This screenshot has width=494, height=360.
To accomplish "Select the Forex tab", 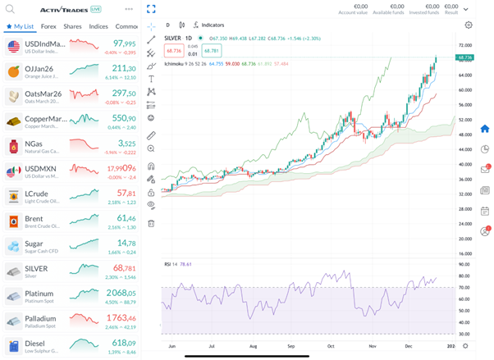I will coord(48,26).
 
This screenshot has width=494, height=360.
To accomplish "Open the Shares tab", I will coord(73,26).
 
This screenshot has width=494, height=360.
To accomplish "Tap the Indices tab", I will coord(98,26).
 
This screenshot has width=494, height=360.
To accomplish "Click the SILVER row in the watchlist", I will coord(71,271).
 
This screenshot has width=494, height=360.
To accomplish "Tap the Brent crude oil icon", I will coord(12,221).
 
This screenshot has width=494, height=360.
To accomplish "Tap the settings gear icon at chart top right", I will coord(469,25).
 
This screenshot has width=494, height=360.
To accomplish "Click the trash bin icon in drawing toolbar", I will coord(151,223).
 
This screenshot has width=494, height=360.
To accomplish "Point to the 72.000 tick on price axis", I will coord(465,46).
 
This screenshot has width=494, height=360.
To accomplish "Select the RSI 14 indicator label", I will coord(171,264).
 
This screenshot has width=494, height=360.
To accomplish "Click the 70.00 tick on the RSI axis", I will coord(464,288).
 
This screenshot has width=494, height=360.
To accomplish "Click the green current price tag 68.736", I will coord(465,57).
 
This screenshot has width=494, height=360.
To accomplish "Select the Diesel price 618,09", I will coord(124,342).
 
